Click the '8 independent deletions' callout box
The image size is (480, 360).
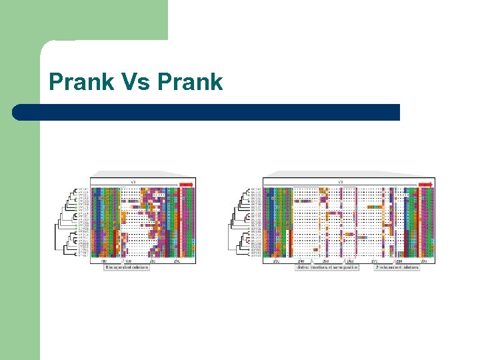pyautogui.click(x=127, y=267)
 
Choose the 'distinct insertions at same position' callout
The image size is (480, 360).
pyautogui.click(x=327, y=267)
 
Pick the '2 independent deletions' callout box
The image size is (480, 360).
pyautogui.click(x=397, y=267)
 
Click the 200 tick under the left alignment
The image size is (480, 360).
pyautogui.click(x=152, y=261)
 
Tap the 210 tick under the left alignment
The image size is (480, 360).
pyautogui.click(x=176, y=261)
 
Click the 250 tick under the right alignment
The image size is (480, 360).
pyautogui.click(x=325, y=261)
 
